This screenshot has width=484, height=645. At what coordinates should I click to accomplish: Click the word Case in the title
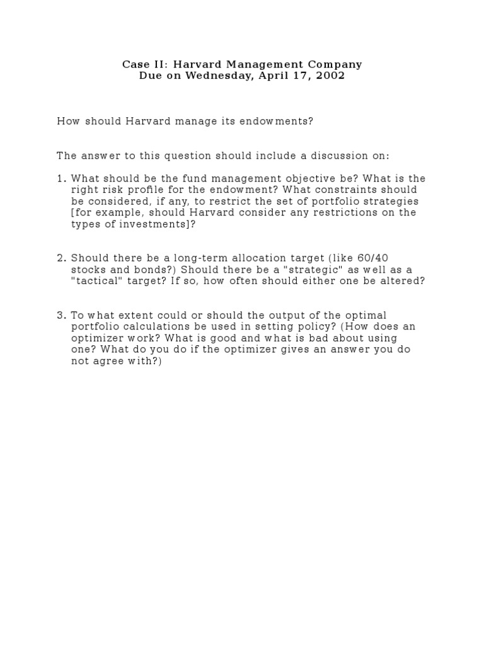click(133, 64)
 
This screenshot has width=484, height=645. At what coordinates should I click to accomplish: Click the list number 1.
click(60, 179)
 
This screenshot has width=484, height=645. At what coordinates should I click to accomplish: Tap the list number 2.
click(60, 258)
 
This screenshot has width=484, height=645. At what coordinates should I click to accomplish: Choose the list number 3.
click(60, 315)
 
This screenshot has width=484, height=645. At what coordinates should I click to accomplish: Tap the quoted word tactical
click(98, 281)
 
